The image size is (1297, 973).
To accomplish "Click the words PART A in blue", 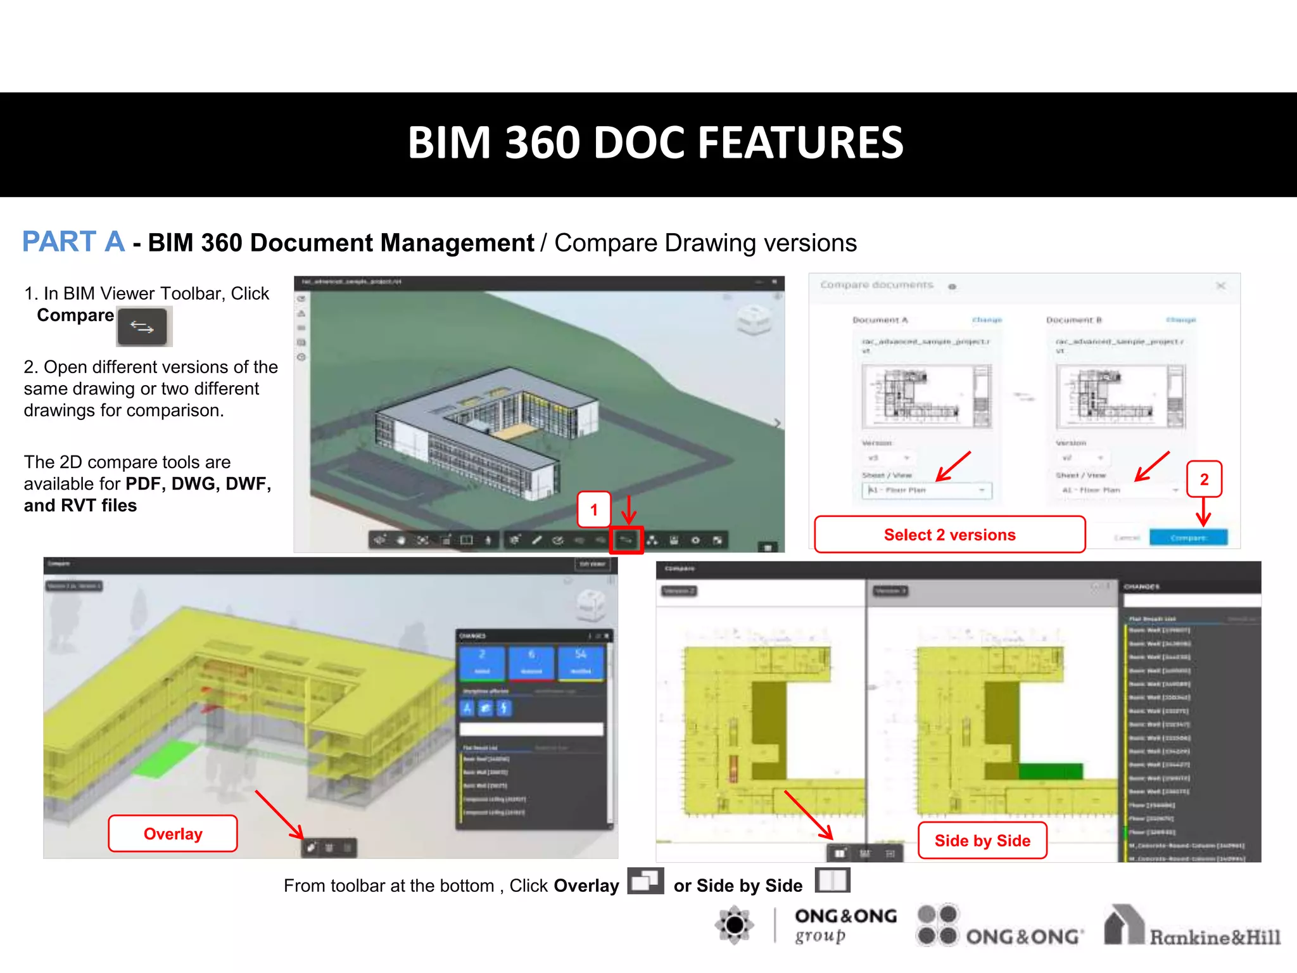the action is click(x=73, y=241).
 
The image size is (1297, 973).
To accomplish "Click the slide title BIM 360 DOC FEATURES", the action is click(x=655, y=143).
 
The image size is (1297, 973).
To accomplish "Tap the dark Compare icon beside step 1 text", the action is click(x=142, y=327).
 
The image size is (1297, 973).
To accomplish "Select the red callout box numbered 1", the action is click(x=594, y=509).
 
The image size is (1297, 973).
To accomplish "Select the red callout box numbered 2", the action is click(x=1204, y=479).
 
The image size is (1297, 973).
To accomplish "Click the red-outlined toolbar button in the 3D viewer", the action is click(x=626, y=540).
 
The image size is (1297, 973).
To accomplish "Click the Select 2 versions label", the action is click(x=949, y=535).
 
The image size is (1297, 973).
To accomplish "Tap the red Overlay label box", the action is click(x=173, y=834).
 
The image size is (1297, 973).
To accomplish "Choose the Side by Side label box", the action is click(x=982, y=841).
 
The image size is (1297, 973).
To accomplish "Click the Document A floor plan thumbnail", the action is click(x=927, y=396).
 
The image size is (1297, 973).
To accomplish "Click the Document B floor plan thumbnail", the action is click(x=1120, y=396).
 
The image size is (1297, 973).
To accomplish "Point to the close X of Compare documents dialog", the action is click(x=1220, y=286).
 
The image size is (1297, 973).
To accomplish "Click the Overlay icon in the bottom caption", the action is click(x=645, y=881).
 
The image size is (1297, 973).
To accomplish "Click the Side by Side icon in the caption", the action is click(x=832, y=881).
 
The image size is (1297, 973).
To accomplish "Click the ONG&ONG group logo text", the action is click(x=845, y=925).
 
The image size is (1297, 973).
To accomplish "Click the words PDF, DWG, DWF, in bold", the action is click(x=198, y=484).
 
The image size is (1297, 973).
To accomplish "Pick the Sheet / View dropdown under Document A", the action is click(x=927, y=490).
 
